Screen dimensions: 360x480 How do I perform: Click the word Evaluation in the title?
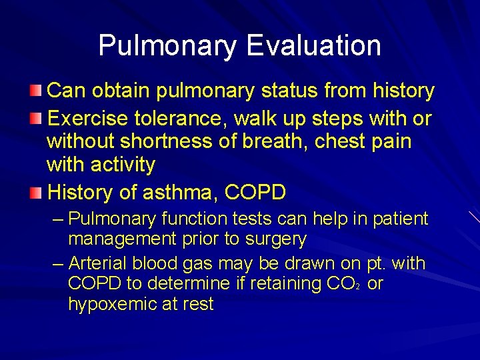tap(313, 46)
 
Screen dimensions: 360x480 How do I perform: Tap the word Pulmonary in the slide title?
tap(167, 46)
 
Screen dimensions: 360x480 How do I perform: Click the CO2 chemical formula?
tap(343, 284)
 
